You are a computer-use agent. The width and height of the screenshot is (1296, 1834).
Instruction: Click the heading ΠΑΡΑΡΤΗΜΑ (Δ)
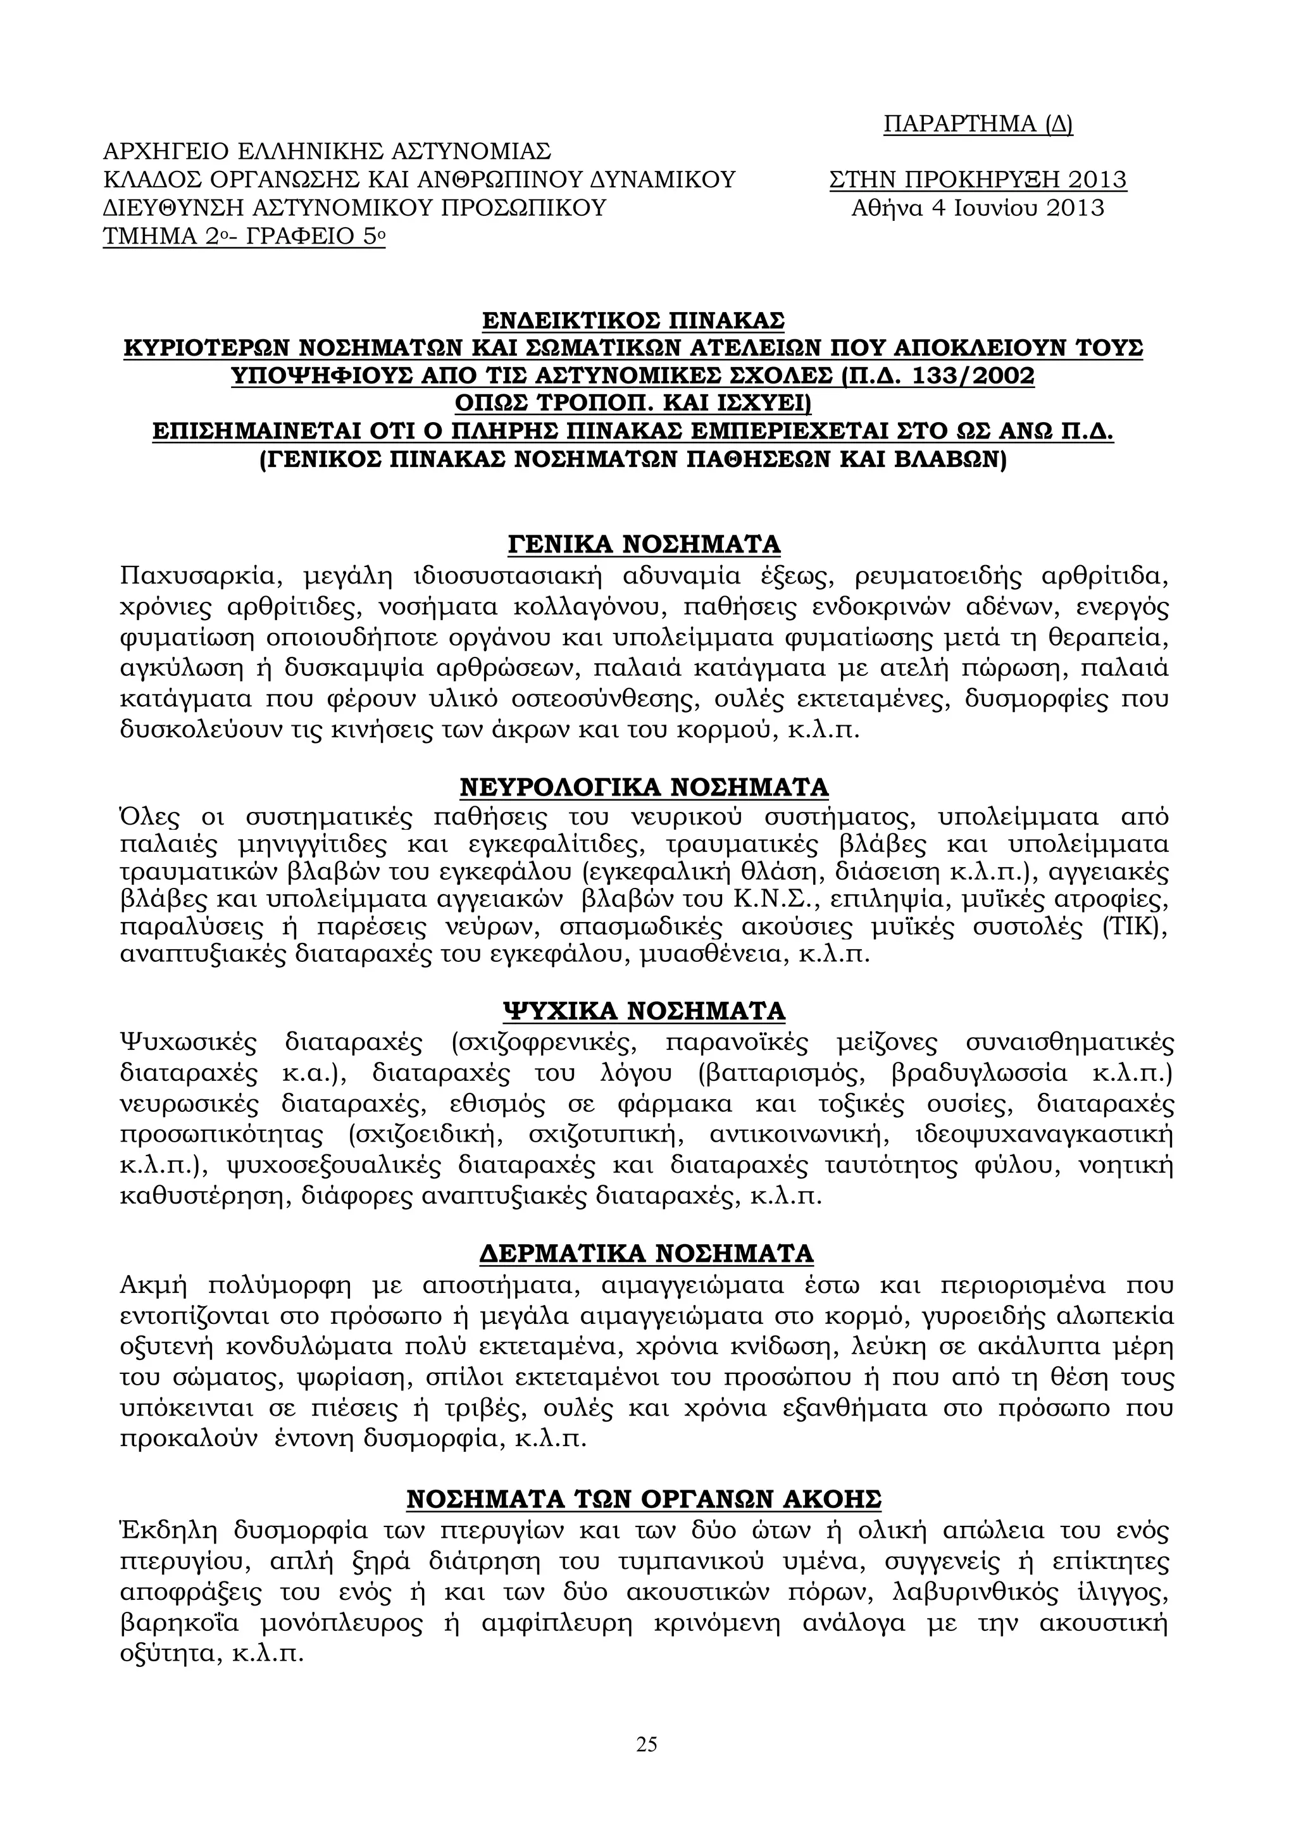click(x=978, y=124)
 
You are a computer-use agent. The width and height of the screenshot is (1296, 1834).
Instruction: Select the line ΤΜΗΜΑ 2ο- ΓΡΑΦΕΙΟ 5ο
click(x=244, y=238)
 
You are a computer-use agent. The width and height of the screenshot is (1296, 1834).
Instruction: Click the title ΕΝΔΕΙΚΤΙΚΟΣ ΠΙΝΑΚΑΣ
click(x=634, y=320)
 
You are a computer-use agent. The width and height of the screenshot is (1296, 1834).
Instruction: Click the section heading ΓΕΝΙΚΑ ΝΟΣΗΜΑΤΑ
click(x=644, y=544)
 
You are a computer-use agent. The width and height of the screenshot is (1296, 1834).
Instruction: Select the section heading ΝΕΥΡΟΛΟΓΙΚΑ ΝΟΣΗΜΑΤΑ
click(x=644, y=788)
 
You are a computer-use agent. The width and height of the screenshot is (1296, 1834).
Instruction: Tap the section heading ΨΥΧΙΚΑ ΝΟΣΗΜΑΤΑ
click(x=644, y=1011)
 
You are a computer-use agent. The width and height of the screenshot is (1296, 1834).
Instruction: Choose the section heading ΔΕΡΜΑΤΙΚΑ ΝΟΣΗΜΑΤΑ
click(x=646, y=1253)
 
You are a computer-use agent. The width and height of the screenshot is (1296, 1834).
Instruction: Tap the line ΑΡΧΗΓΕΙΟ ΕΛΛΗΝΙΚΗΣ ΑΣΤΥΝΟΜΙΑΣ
click(x=327, y=152)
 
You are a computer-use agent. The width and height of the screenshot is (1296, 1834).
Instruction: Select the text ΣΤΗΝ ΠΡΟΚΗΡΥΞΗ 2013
click(x=978, y=180)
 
